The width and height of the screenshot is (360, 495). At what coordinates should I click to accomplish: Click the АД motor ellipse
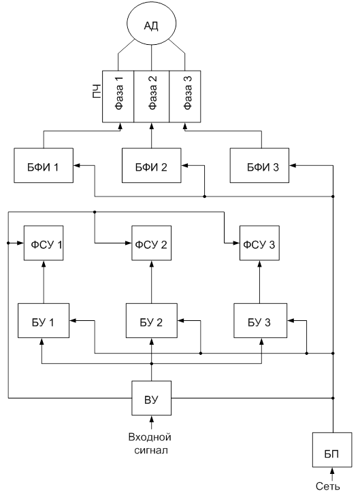(x=151, y=24)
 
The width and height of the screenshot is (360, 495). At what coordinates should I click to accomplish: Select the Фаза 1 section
(x=118, y=97)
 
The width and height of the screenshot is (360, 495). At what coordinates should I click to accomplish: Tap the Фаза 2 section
(x=152, y=97)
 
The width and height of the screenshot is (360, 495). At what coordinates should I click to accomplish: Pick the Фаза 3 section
(x=185, y=97)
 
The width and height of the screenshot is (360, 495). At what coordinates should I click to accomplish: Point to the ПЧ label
(x=97, y=91)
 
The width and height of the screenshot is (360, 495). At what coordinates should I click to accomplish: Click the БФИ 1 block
(x=44, y=165)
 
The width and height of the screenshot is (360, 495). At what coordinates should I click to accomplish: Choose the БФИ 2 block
(x=152, y=165)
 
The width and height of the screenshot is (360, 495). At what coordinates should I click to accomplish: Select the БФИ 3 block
(x=259, y=165)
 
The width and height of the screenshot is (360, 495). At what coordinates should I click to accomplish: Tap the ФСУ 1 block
(x=44, y=243)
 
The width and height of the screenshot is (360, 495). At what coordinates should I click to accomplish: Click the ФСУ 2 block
(x=152, y=243)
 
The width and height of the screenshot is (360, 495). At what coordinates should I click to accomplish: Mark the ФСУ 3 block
(x=259, y=243)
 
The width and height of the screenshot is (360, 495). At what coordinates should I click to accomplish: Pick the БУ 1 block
(x=44, y=321)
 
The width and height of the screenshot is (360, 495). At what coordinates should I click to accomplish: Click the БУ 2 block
(x=152, y=321)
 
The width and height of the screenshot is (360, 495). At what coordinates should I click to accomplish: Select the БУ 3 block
(x=261, y=321)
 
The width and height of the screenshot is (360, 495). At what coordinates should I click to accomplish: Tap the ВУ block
(x=152, y=398)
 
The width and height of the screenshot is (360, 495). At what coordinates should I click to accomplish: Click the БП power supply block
(x=332, y=450)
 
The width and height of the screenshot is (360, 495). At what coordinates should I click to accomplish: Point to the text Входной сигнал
(x=150, y=443)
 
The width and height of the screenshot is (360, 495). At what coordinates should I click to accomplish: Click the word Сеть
(x=328, y=486)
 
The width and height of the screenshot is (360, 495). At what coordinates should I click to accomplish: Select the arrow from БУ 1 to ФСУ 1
(x=44, y=282)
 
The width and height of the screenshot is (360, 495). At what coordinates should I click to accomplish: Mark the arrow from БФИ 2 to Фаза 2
(x=152, y=135)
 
